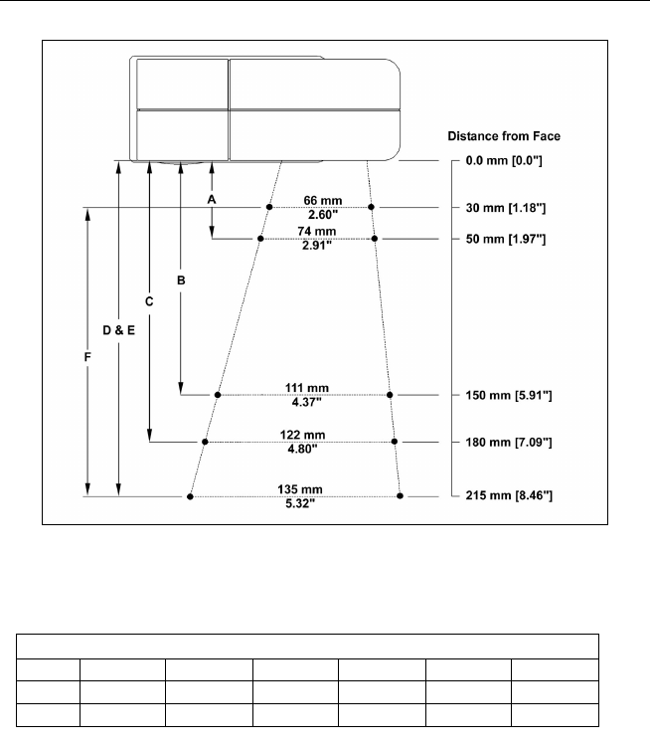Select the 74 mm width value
tap(319, 232)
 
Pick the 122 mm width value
tap(302, 435)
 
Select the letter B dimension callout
tap(181, 281)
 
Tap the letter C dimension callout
tap(149, 301)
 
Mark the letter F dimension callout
tap(87, 355)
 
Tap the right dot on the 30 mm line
tap(371, 207)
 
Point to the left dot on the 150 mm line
tap(218, 395)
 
